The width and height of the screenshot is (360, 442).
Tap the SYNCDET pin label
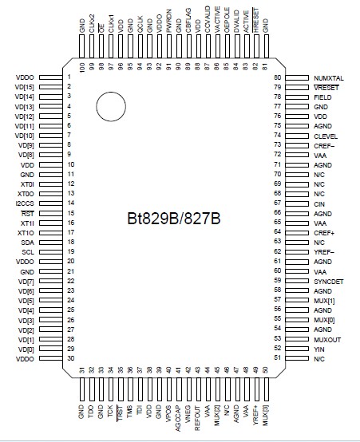pos(330,281)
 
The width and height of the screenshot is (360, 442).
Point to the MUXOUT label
pos(328,339)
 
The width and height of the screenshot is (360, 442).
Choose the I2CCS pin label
pos(24,203)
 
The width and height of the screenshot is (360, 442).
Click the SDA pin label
pos(27,242)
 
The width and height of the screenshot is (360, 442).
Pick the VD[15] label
pos(25,86)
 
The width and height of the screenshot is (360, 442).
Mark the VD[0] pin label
pos(26,349)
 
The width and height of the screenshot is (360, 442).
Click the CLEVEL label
pos(327,135)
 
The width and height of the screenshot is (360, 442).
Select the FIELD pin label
pos(322,97)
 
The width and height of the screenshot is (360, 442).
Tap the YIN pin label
pos(319,349)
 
